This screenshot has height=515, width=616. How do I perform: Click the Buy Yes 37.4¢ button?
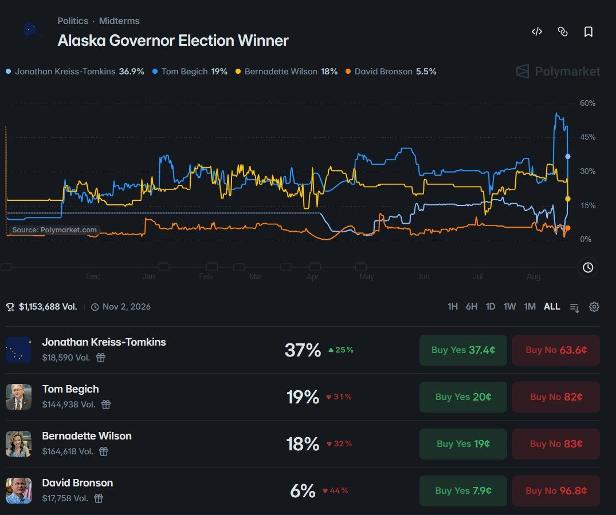point(463,350)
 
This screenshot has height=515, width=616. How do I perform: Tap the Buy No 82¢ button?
point(556,397)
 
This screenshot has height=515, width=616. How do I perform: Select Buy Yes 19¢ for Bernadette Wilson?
point(463,443)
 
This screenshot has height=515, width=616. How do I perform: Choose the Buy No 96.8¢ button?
point(556,491)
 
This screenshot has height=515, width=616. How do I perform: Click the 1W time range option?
point(509,306)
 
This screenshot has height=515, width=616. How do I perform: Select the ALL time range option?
point(552,306)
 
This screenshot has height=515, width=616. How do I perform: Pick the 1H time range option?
point(453,306)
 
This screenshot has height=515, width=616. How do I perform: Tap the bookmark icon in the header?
point(588,32)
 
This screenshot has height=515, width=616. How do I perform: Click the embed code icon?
point(537,32)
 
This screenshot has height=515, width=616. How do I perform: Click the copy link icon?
point(563,32)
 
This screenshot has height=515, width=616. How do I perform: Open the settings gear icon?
point(594,307)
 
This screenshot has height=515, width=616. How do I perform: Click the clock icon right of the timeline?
point(588,267)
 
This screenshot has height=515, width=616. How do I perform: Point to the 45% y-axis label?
point(588,137)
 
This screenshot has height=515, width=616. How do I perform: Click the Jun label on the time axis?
point(423,276)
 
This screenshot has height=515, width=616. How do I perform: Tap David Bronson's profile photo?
point(18,490)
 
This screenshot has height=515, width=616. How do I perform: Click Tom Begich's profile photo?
point(18,397)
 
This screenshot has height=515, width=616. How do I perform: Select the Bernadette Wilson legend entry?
point(287,72)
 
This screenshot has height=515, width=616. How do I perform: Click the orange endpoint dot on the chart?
point(568,228)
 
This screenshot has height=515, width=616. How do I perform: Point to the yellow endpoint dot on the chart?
point(568,199)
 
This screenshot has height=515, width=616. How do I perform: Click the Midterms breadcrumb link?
point(119,21)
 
